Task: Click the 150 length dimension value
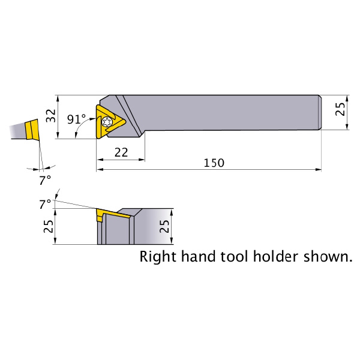click(x=214, y=163)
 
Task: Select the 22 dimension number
click(x=121, y=152)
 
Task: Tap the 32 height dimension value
click(x=51, y=116)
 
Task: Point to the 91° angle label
click(x=76, y=119)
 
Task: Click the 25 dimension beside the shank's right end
click(x=340, y=109)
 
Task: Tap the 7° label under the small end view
click(x=45, y=180)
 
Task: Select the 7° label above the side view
click(x=45, y=204)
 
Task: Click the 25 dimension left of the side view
click(x=49, y=226)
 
